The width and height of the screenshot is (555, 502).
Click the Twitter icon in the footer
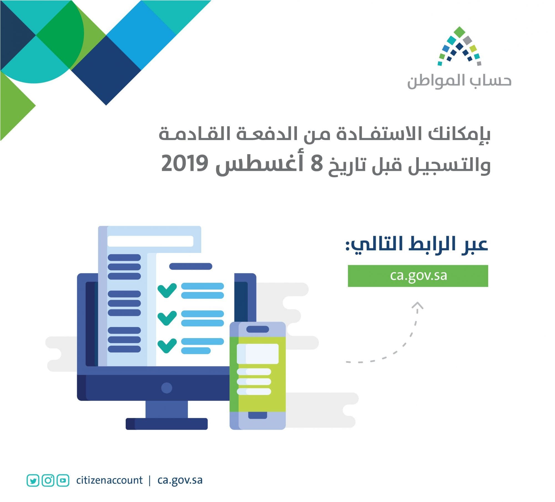pyautogui.click(x=33, y=480)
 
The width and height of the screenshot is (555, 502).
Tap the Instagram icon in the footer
pyautogui.click(x=48, y=480)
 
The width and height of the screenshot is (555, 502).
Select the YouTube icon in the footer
pyautogui.click(x=63, y=480)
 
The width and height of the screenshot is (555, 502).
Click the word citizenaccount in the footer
pyautogui.click(x=109, y=480)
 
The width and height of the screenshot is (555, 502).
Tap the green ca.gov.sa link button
pyautogui.click(x=418, y=276)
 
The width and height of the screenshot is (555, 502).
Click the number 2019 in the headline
pyautogui.click(x=185, y=164)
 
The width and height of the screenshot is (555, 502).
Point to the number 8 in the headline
pyautogui.click(x=317, y=164)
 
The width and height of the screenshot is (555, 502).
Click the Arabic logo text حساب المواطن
pyautogui.click(x=459, y=81)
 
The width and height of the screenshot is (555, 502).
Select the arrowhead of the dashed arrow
pyautogui.click(x=417, y=306)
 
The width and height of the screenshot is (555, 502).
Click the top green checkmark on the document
pyautogui.click(x=167, y=290)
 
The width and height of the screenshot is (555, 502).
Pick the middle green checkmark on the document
pyautogui.click(x=167, y=318)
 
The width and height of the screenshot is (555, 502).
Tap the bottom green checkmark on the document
pyautogui.click(x=167, y=346)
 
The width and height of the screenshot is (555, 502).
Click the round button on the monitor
pyautogui.click(x=167, y=388)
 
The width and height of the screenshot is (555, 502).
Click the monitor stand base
pyautogui.click(x=167, y=424)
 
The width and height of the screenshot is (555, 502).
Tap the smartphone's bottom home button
pyautogui.click(x=258, y=415)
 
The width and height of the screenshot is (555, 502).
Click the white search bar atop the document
pyautogui.click(x=150, y=241)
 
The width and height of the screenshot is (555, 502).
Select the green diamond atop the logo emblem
pyautogui.click(x=459, y=32)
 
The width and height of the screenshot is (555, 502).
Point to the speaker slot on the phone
pyautogui.click(x=258, y=329)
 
